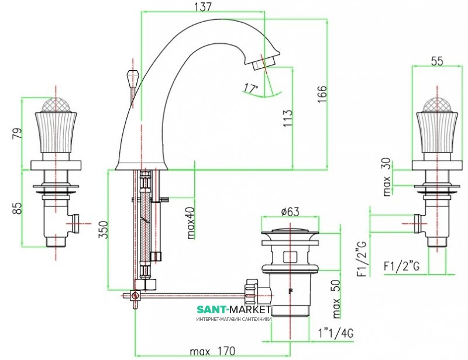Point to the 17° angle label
pyautogui.click(x=251, y=88)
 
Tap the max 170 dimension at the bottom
pyautogui.click(x=212, y=351)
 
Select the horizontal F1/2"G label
pyautogui.click(x=404, y=266)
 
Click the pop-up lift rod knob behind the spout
pyautogui.click(x=132, y=77)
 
